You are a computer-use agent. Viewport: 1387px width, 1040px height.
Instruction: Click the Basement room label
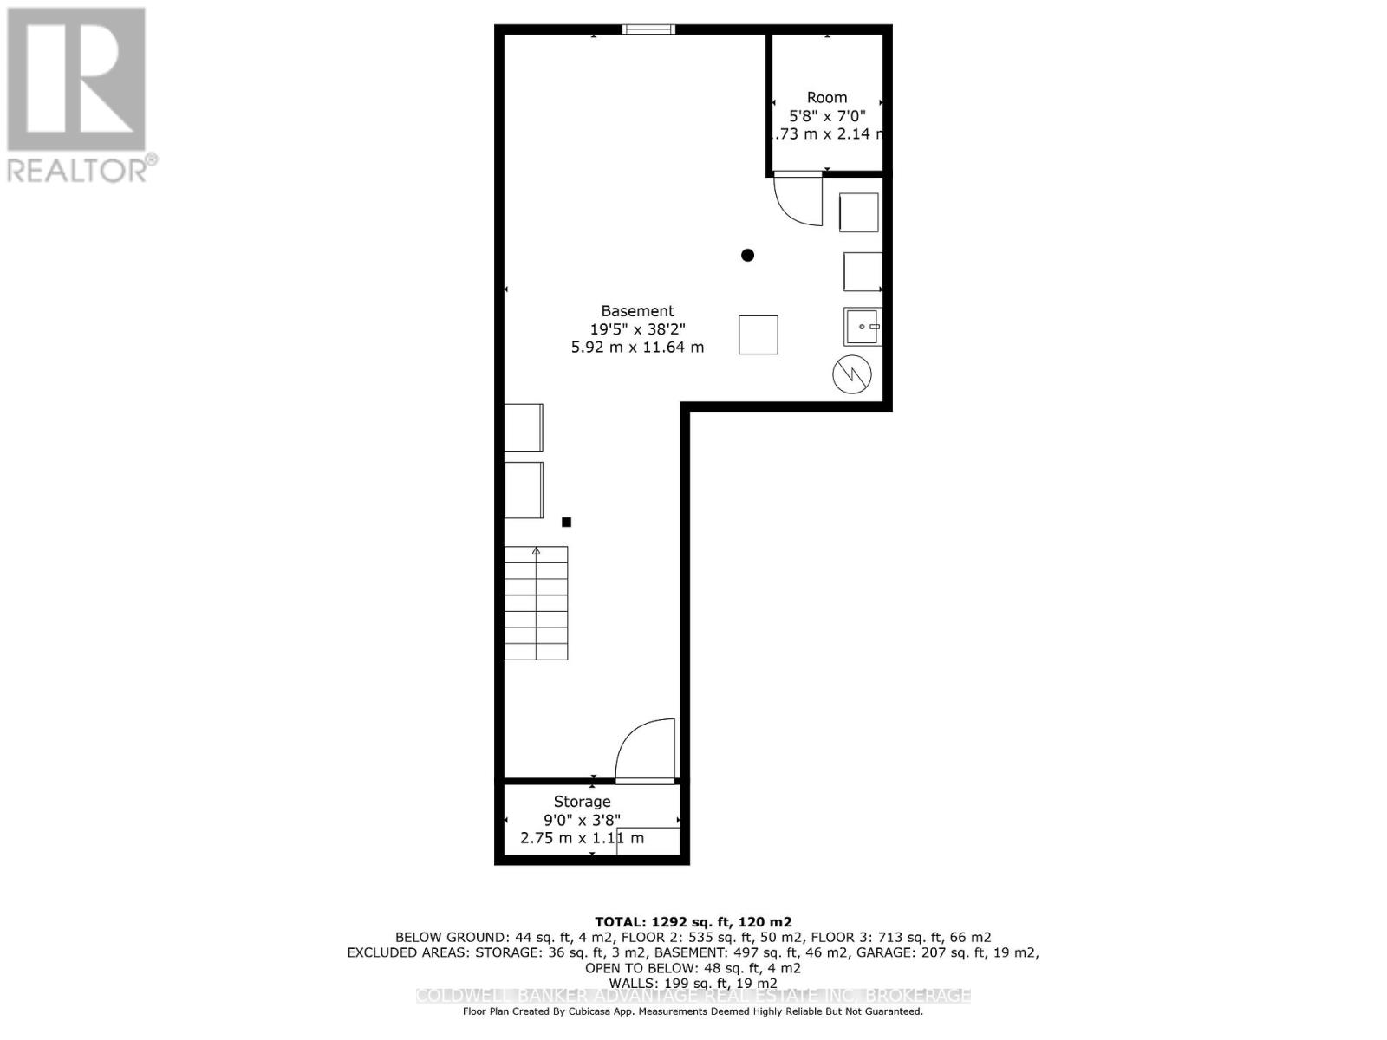(x=637, y=310)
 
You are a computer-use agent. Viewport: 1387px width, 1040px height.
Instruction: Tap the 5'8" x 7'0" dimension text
(x=826, y=115)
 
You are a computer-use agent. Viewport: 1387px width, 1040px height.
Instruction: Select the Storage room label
(x=582, y=802)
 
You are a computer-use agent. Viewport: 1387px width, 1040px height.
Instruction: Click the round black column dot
(x=747, y=255)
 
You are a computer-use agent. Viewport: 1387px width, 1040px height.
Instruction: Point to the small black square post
(x=566, y=522)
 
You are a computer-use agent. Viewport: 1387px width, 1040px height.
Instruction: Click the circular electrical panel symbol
(x=851, y=374)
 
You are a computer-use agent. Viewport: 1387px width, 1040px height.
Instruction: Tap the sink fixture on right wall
(x=863, y=327)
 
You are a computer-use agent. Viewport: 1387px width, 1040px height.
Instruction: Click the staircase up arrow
(x=537, y=552)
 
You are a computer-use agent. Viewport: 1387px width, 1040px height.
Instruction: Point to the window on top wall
(x=648, y=30)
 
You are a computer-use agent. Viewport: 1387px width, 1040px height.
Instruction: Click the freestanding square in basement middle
(x=758, y=335)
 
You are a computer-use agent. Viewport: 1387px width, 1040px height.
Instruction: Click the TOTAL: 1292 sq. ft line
(x=693, y=922)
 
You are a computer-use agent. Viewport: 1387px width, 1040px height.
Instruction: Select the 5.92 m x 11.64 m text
(x=637, y=348)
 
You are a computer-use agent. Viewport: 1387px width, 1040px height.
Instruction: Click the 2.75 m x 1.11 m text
(x=582, y=838)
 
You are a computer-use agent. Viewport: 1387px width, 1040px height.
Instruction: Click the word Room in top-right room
(x=826, y=97)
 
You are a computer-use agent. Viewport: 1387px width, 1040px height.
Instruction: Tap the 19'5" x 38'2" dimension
(x=637, y=329)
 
